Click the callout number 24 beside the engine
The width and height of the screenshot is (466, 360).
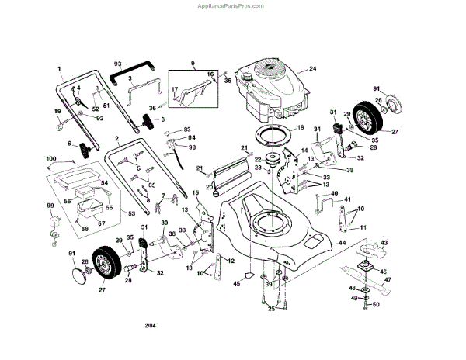313,68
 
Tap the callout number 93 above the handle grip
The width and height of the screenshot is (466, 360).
118,63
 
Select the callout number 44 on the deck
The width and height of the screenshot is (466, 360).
341,243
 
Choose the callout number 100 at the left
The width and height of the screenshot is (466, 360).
52,159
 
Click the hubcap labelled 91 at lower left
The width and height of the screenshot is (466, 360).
79,270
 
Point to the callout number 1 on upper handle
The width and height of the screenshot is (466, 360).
59,69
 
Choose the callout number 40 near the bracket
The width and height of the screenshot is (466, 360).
335,193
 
